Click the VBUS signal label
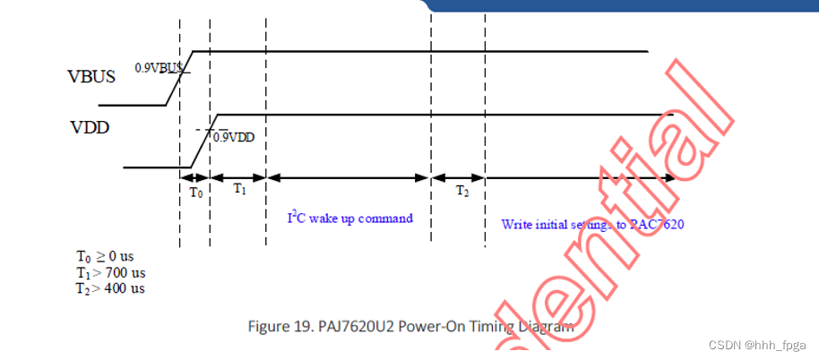click(91, 76)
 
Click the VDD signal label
click(90, 128)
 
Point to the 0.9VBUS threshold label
click(159, 67)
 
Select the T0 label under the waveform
click(196, 191)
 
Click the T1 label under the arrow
click(239, 188)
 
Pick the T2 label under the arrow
click(461, 191)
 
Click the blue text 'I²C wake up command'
click(349, 218)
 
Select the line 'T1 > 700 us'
click(111, 272)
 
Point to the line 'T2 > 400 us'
click(111, 288)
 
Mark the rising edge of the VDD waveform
click(202, 141)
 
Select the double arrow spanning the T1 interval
click(238, 177)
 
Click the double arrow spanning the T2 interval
click(458, 177)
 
